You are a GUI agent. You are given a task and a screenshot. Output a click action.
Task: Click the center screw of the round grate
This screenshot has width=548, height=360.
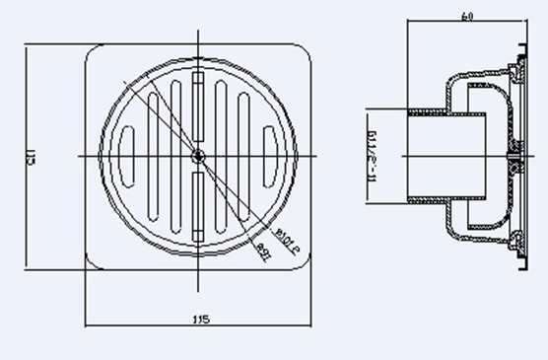[199, 155]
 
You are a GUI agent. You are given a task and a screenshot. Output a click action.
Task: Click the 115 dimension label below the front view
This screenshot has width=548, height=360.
[200, 320]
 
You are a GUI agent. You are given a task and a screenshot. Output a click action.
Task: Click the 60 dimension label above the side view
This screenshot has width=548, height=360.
[465, 16]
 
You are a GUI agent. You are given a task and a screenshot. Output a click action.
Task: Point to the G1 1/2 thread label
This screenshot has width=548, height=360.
[375, 155]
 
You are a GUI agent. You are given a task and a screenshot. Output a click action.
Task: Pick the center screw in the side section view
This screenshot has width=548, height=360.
[514, 155]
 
